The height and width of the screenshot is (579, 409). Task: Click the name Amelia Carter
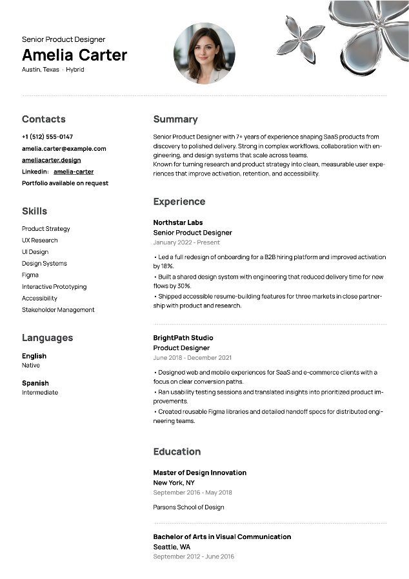pos(74,55)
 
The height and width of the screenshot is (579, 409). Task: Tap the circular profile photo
pos(204,53)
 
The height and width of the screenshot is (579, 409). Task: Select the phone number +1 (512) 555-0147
pos(47,137)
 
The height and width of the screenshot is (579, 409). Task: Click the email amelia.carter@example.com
pos(64,148)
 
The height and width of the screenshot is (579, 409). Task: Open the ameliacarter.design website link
pos(51,160)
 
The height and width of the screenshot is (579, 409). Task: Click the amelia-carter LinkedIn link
pos(74,172)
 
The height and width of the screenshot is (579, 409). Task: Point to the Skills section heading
pos(34,211)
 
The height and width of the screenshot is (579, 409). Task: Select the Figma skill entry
pos(30,275)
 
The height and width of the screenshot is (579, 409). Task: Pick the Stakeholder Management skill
pos(58,309)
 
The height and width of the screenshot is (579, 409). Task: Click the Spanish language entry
pos(35,383)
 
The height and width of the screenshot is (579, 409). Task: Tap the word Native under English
pos(31,365)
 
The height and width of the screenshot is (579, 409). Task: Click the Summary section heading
pos(175,119)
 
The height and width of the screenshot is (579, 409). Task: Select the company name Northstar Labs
pos(178,222)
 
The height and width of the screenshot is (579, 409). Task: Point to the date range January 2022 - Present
pos(186,242)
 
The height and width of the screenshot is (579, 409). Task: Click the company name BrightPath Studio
pos(183,338)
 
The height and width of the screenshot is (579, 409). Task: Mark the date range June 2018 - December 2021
pos(192,358)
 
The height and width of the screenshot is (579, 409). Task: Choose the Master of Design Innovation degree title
pos(200,473)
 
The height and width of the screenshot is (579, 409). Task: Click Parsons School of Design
pos(188,507)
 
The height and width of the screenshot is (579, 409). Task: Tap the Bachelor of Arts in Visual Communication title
pos(222,536)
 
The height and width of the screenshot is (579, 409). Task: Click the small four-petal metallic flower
pos(300,36)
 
